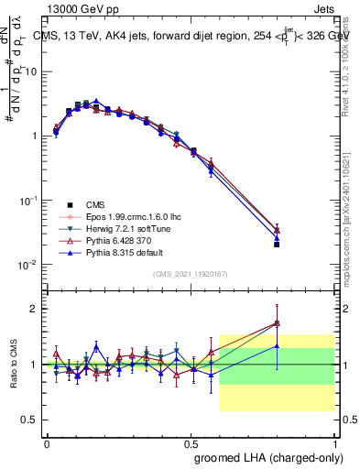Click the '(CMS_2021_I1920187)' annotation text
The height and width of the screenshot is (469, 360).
click(x=191, y=274)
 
